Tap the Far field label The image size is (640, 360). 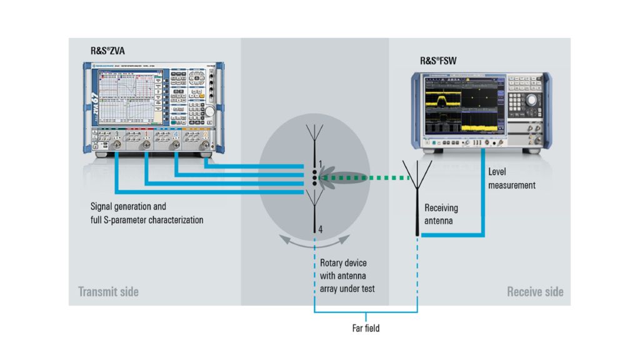click(x=365, y=327)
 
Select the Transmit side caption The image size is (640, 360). click(x=108, y=291)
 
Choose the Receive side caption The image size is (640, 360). click(x=535, y=291)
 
